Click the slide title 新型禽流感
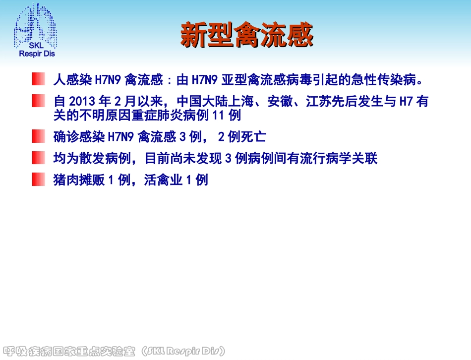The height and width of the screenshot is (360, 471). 246,35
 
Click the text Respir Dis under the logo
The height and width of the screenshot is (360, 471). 37,54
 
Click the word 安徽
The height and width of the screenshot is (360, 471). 280,102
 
